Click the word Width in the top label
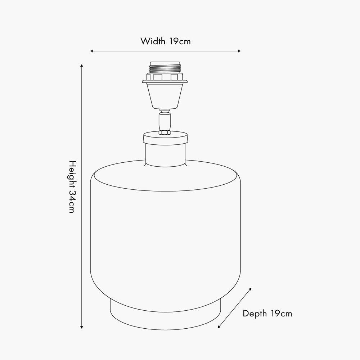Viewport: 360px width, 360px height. (x=153, y=41)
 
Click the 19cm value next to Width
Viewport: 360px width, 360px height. (x=180, y=41)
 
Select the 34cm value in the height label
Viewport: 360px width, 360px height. (x=72, y=202)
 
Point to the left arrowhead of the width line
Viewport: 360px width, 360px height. (x=92, y=51)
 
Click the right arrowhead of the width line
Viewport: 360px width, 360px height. (x=239, y=51)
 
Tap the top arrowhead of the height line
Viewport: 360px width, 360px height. (x=82, y=66)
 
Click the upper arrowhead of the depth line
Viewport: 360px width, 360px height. (x=250, y=289)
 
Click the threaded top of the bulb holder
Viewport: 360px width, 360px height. (x=165, y=68)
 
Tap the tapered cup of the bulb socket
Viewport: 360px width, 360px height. (x=165, y=95)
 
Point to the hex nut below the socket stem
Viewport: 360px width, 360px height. (x=165, y=132)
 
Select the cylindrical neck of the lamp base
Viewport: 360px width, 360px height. (x=166, y=155)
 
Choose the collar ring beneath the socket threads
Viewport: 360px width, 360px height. (x=165, y=78)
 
